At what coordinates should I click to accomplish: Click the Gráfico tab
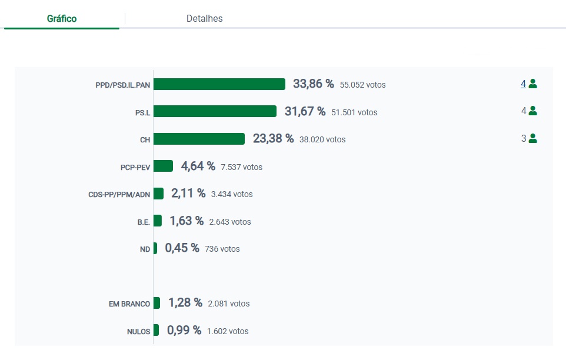tap(62, 19)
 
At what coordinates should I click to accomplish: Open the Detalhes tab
tap(204, 19)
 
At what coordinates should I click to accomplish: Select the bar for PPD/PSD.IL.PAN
tap(219, 84)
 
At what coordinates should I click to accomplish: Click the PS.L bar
tap(215, 111)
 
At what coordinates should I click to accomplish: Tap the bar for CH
tap(199, 139)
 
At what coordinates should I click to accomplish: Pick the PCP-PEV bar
tap(163, 166)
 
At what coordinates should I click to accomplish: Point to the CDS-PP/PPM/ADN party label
tap(119, 194)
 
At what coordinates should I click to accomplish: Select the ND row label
tap(145, 249)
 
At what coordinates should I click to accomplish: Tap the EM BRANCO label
tap(129, 304)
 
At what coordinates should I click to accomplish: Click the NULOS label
tap(138, 331)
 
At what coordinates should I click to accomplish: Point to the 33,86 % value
tap(314, 84)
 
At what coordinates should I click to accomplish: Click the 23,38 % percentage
tap(273, 139)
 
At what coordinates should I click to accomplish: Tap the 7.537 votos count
tap(241, 167)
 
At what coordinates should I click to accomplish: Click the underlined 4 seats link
tap(523, 84)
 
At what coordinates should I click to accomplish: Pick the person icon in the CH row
tap(532, 139)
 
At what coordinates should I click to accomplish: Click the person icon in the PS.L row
tap(532, 111)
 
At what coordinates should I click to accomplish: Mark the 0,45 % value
tap(182, 248)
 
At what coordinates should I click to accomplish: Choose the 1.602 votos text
tap(227, 331)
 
